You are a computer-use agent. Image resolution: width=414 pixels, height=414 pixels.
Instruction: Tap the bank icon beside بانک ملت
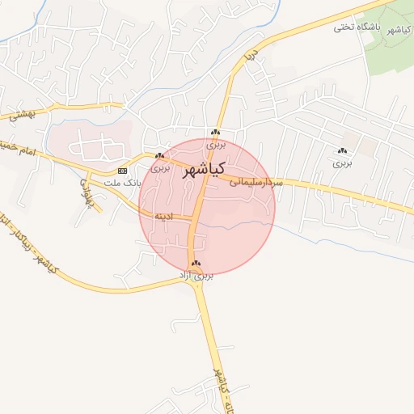(x=122, y=171)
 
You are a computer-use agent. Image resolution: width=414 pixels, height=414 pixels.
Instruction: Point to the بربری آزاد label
(x=196, y=276)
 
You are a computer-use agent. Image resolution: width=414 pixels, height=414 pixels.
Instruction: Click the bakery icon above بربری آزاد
(x=196, y=264)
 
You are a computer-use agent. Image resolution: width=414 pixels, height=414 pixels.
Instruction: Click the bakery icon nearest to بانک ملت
(x=159, y=155)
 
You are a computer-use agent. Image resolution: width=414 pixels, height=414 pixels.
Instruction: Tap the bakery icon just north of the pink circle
(x=215, y=133)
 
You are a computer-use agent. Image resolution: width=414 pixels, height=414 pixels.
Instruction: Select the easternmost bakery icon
(x=343, y=151)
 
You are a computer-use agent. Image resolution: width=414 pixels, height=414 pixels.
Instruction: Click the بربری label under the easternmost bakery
(x=343, y=163)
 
